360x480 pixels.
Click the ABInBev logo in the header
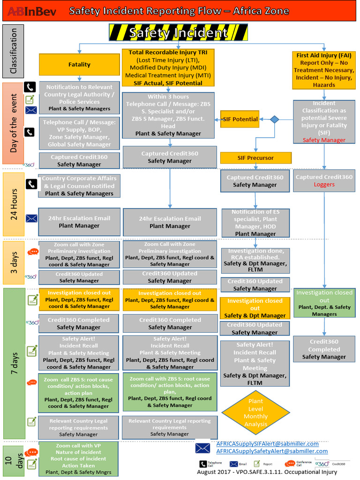32,11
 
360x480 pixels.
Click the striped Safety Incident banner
178,33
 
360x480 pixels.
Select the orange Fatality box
79,64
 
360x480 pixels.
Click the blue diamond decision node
275,120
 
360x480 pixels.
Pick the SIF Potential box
240,119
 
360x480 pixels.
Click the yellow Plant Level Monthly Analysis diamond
255,412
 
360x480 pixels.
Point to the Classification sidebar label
13,51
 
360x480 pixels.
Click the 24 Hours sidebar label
14,204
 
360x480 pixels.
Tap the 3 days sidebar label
14,262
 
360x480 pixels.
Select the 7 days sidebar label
14,363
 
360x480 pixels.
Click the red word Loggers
324,185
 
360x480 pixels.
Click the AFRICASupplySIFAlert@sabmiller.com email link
267,443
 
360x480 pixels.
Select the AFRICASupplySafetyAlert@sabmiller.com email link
272,451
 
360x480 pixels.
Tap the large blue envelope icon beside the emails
202,448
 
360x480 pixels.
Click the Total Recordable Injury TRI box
169,67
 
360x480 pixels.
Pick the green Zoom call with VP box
79,459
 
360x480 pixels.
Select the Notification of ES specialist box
255,223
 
